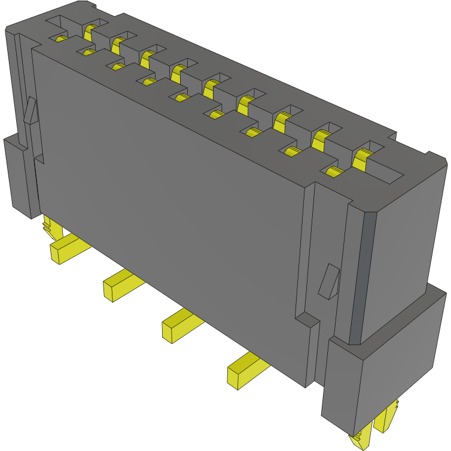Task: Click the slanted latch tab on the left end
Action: click(31, 111)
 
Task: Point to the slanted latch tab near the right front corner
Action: click(328, 281)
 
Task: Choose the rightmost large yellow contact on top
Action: click(361, 159)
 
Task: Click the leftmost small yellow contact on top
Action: click(60, 39)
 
